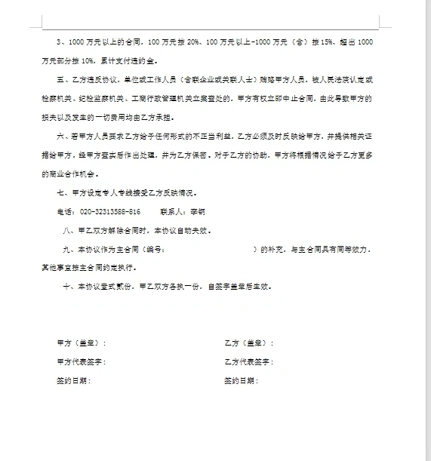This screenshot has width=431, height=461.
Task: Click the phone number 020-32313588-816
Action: coord(110,212)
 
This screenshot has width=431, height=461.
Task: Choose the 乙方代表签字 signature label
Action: coord(248,362)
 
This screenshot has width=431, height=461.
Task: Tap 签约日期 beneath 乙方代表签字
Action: coord(241,381)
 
